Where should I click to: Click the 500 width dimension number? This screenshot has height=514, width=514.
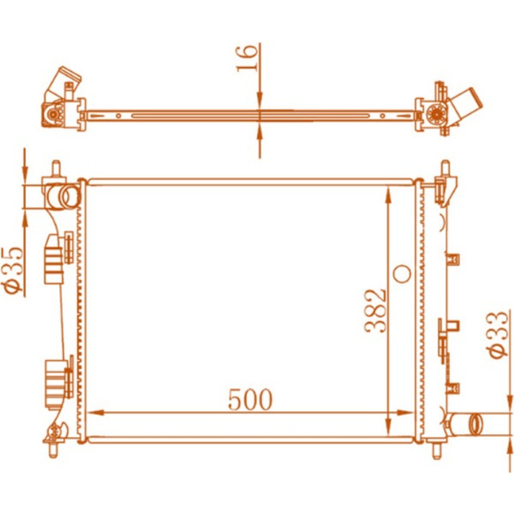[250, 399]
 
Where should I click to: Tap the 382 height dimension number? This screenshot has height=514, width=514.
[376, 311]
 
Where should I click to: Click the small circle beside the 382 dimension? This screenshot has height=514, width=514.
[402, 274]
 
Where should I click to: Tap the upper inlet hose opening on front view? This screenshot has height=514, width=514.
[69, 197]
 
